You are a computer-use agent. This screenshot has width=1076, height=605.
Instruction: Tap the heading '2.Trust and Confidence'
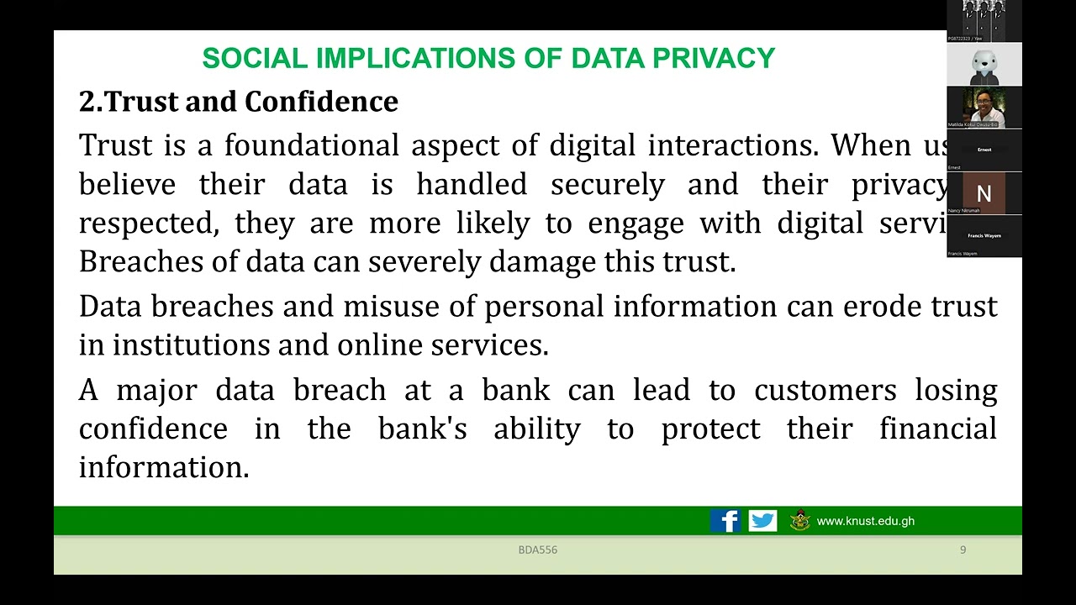pyautogui.click(x=238, y=102)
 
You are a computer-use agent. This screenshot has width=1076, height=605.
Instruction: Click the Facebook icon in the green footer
pyautogui.click(x=725, y=521)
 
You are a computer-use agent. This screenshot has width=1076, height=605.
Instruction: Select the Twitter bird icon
pyautogui.click(x=762, y=521)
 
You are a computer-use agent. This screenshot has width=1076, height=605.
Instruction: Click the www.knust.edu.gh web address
pyautogui.click(x=865, y=521)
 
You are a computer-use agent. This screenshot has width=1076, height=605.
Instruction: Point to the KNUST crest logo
pyautogui.click(x=799, y=521)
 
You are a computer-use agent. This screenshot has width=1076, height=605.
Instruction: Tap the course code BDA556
pyautogui.click(x=537, y=550)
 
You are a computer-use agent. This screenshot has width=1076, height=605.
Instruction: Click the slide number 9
pyautogui.click(x=963, y=550)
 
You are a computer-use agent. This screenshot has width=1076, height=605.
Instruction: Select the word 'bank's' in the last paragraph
pyautogui.click(x=422, y=429)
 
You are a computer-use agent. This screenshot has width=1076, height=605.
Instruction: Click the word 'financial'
pyautogui.click(x=937, y=429)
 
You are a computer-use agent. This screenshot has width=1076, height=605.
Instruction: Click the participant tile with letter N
pyautogui.click(x=984, y=193)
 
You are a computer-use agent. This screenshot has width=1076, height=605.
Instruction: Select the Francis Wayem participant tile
pyautogui.click(x=984, y=236)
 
